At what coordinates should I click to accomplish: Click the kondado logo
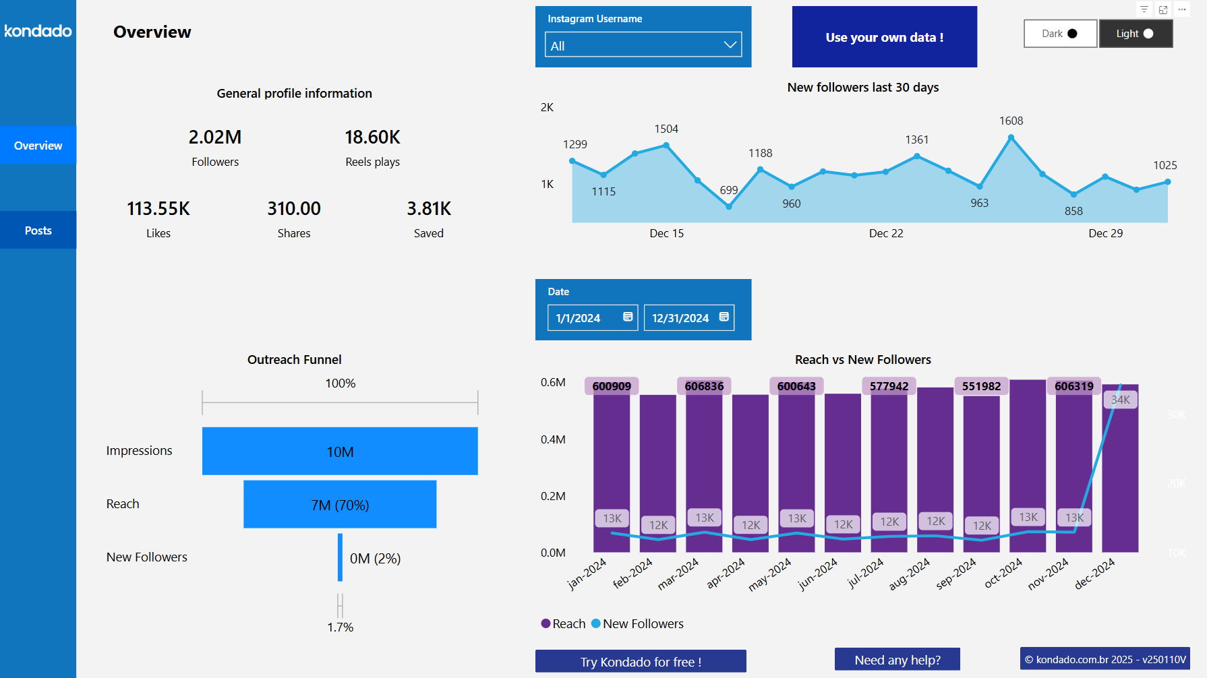(x=38, y=31)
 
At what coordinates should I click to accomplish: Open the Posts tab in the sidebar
(x=38, y=230)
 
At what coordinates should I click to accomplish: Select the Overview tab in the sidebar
(x=38, y=146)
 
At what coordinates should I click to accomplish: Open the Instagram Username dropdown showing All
(x=643, y=45)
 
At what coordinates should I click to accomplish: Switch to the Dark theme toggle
(x=1059, y=34)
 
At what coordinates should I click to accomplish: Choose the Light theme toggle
(x=1136, y=34)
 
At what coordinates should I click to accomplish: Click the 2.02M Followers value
(x=215, y=137)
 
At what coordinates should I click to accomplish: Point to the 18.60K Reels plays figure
(x=372, y=137)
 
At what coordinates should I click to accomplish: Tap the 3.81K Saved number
(x=429, y=209)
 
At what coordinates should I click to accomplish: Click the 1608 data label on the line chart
(x=1011, y=121)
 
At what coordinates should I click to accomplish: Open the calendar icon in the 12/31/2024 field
(x=724, y=317)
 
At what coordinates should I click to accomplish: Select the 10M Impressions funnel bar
(x=340, y=452)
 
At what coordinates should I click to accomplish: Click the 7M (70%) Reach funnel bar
(x=340, y=505)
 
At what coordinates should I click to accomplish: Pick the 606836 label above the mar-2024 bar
(x=704, y=386)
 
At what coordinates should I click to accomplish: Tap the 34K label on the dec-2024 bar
(x=1120, y=400)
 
